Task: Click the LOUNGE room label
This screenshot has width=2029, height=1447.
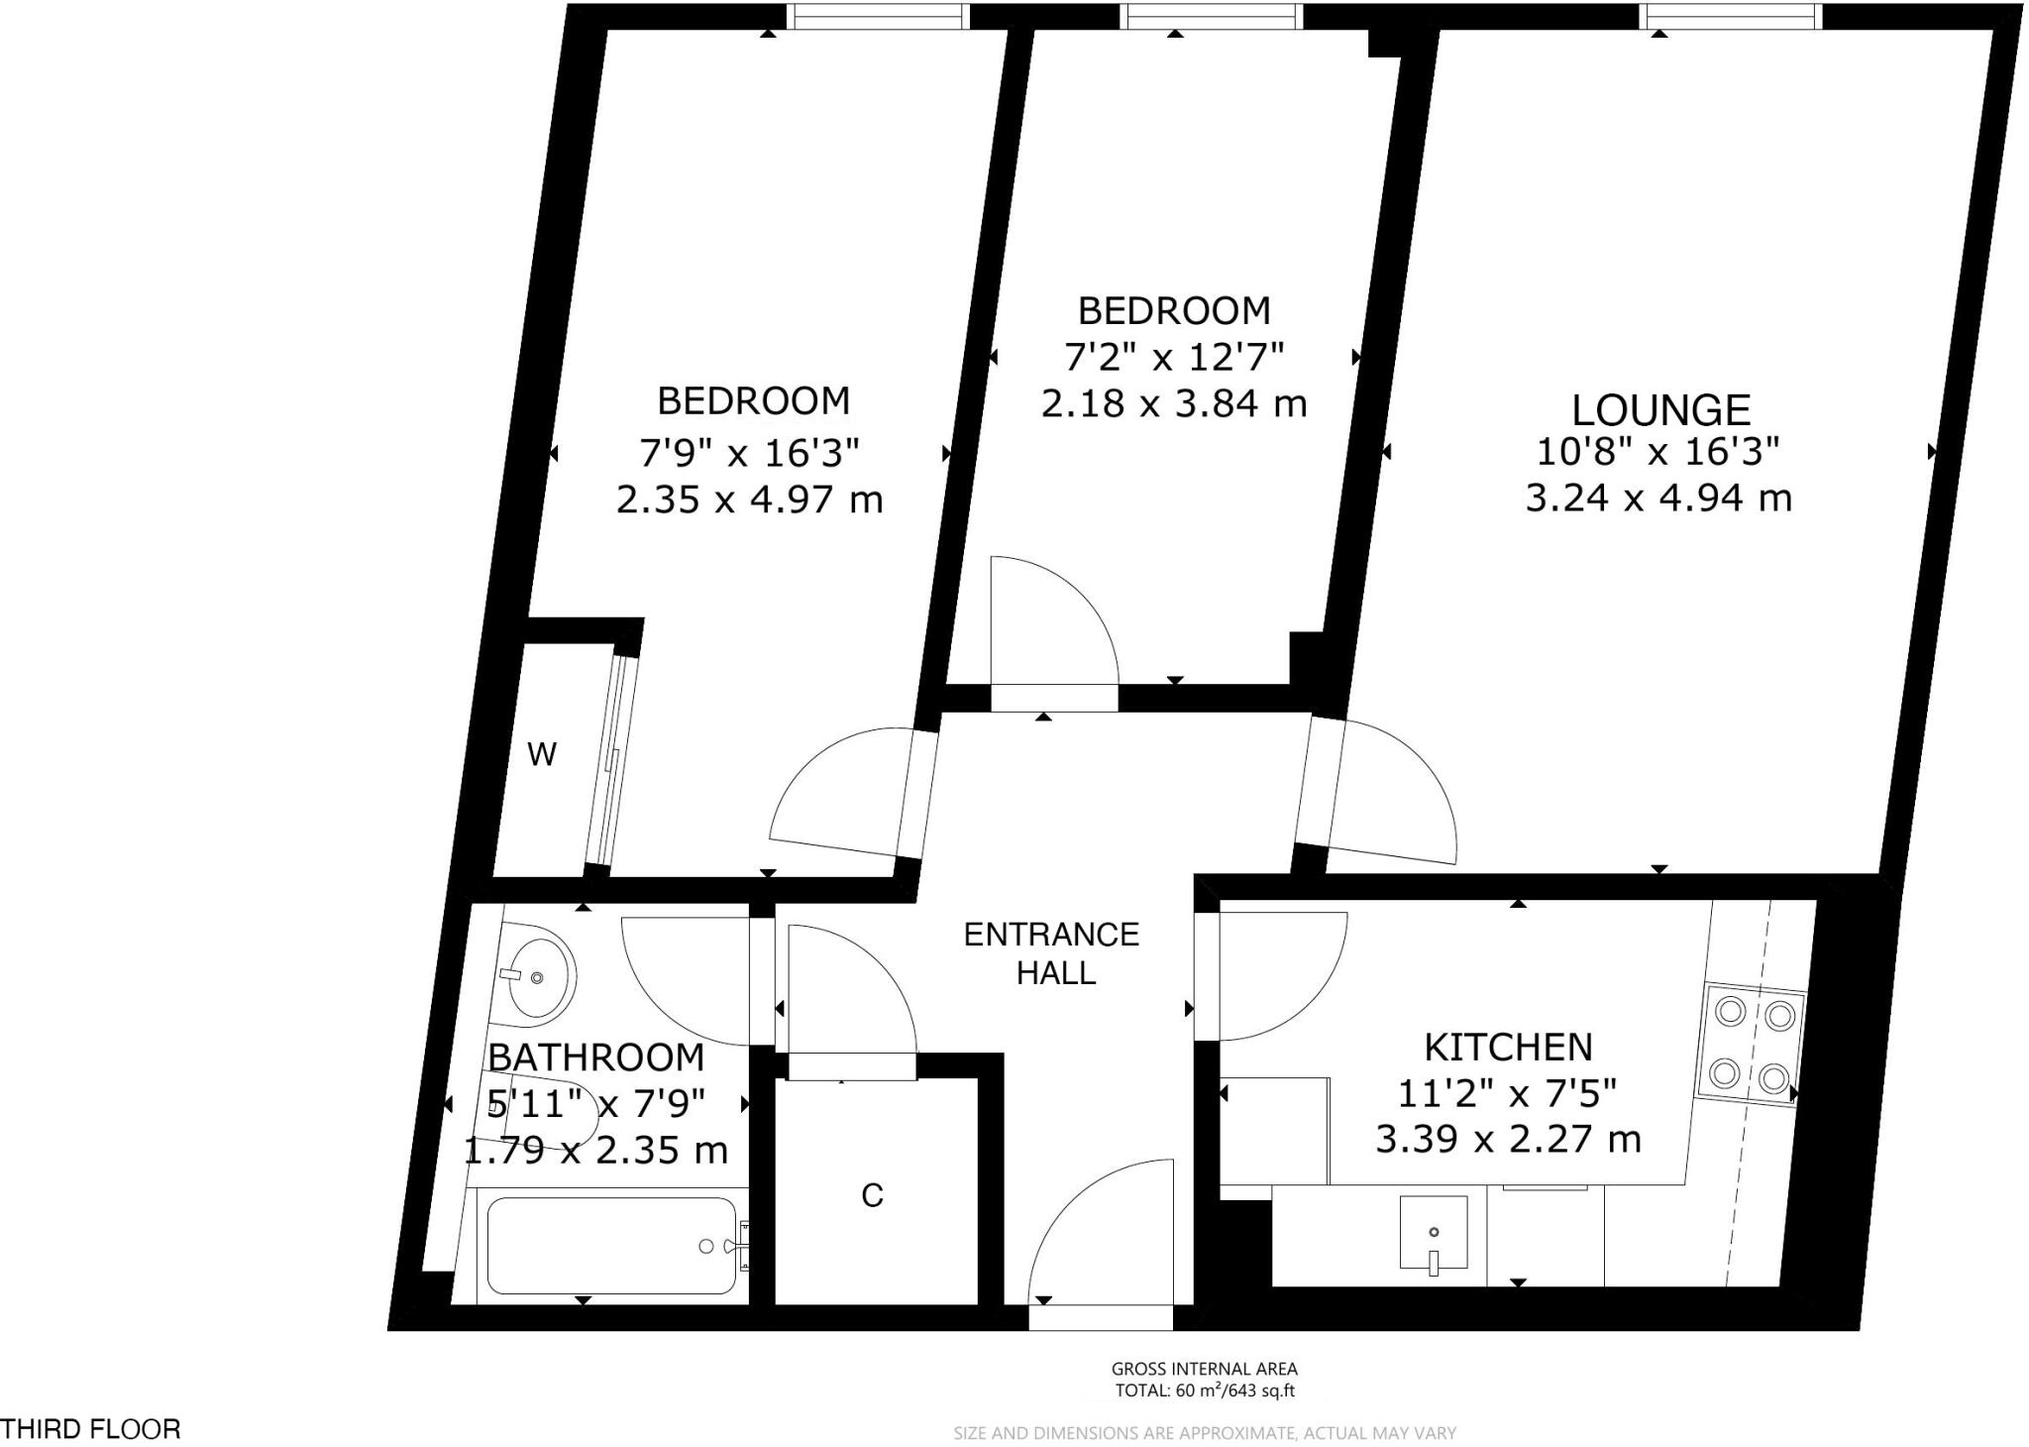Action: tap(1661, 409)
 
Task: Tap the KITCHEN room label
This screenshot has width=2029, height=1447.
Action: tap(1508, 1047)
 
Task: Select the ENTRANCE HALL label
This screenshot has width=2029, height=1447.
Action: tap(1052, 952)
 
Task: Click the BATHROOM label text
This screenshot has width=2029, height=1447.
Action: tap(596, 1057)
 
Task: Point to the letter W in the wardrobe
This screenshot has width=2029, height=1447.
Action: tap(542, 755)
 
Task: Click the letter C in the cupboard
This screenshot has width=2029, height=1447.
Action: tap(872, 1196)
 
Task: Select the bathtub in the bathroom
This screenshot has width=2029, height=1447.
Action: tap(611, 1246)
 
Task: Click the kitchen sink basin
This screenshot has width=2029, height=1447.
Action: tap(1433, 1232)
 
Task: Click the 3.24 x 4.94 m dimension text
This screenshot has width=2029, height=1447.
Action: tap(1658, 498)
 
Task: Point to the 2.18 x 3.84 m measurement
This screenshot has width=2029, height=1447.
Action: tap(1174, 403)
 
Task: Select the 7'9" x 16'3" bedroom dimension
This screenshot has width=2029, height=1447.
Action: tap(748, 454)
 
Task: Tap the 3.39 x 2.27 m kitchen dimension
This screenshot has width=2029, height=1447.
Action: tap(1508, 1140)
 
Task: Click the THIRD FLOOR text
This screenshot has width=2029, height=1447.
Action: tap(91, 1429)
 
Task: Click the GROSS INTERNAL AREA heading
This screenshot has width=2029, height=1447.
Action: tap(1204, 1370)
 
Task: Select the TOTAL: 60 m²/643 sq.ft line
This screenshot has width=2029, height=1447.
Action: tap(1204, 1391)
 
